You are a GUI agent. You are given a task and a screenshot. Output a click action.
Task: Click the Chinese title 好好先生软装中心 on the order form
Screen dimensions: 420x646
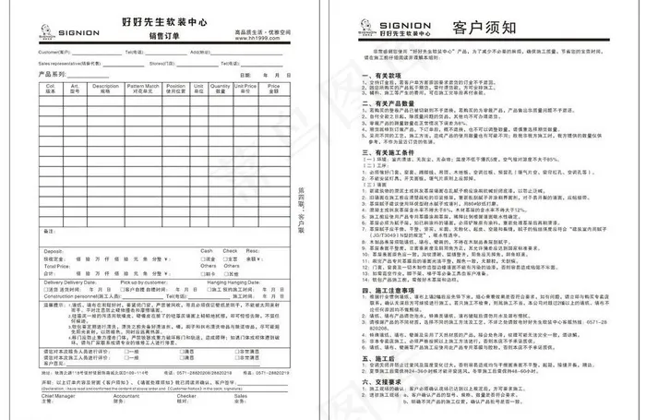coord(162,19)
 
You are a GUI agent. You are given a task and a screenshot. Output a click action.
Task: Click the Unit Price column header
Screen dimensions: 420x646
coord(245,90)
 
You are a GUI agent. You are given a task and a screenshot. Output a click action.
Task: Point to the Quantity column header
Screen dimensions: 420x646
coord(221,90)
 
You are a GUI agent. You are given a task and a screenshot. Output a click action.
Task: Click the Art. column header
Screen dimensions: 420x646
coord(77,90)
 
